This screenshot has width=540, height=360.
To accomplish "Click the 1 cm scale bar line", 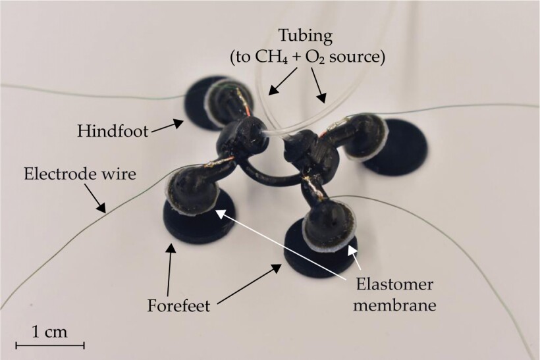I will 50,344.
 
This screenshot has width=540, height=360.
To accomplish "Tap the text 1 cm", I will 50,330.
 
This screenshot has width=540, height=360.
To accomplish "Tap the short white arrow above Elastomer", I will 356,257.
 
